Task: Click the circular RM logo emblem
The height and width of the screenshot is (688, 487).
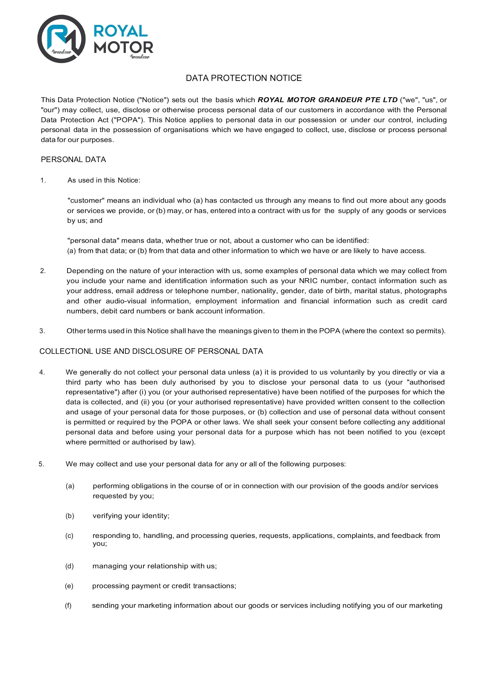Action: click(61, 39)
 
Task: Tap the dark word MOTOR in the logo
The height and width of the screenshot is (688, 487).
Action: click(124, 47)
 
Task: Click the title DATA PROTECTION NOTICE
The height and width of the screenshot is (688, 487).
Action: click(243, 78)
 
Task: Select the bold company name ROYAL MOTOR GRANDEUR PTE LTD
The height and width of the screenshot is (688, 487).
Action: click(328, 100)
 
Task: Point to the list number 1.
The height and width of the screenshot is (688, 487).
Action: click(43, 180)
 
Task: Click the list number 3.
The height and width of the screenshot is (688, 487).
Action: click(42, 331)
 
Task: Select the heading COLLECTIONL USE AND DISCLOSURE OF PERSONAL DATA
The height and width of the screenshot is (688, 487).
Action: click(151, 351)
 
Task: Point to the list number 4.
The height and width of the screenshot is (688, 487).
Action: click(42, 372)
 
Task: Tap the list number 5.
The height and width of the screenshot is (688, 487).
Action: click(41, 464)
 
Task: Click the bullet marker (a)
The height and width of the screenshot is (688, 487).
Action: click(70, 486)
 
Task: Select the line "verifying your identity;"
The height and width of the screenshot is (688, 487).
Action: click(131, 516)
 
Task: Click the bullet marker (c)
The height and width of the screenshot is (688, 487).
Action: click(69, 536)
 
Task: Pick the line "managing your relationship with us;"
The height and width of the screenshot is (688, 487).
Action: click(155, 566)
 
